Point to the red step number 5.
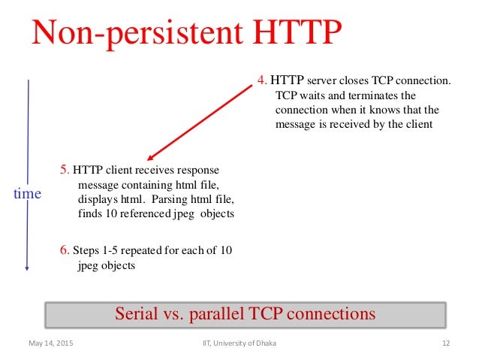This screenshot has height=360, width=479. pos(65,171)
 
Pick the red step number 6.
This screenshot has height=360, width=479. pos(64,249)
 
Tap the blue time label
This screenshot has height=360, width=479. pos(28,195)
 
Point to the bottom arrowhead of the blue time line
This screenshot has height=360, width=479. pos(28,268)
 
